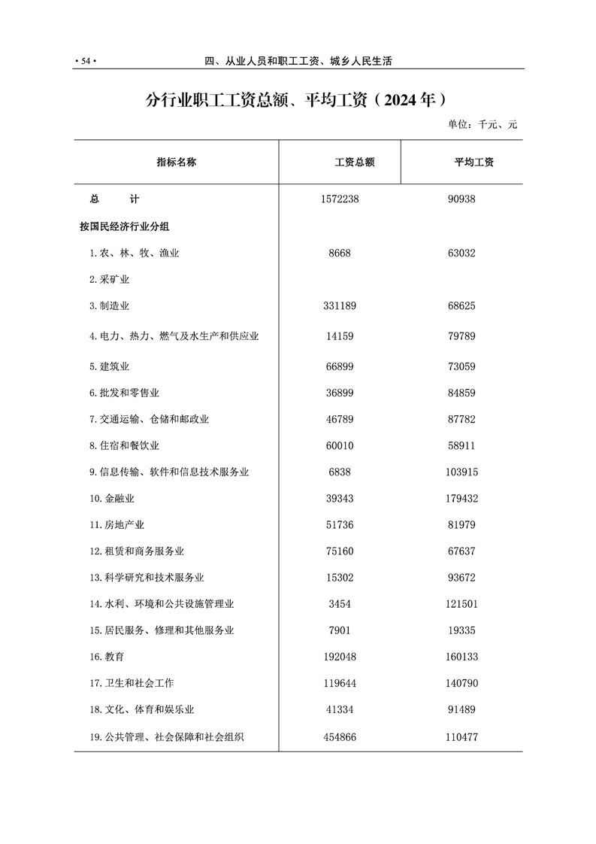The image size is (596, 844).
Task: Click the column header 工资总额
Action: (x=340, y=162)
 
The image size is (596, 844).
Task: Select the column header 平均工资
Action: (x=461, y=162)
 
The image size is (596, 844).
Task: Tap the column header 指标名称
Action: (x=176, y=162)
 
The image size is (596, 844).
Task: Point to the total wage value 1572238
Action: (x=340, y=199)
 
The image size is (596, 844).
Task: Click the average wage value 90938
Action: (x=461, y=199)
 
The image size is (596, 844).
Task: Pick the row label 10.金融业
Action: (x=112, y=498)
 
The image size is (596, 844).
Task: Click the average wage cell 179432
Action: (x=461, y=498)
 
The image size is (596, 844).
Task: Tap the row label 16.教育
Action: (x=107, y=657)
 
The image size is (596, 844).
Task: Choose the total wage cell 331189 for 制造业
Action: (x=340, y=306)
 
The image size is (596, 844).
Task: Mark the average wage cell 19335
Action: (x=461, y=630)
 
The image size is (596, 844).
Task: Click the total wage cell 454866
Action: (x=340, y=737)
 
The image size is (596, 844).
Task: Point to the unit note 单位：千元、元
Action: (x=483, y=125)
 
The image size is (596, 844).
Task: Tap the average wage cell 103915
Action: (x=461, y=472)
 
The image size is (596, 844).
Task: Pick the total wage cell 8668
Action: (x=340, y=254)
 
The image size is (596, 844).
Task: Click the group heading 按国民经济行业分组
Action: (x=129, y=226)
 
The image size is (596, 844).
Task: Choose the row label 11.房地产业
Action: (x=116, y=524)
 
